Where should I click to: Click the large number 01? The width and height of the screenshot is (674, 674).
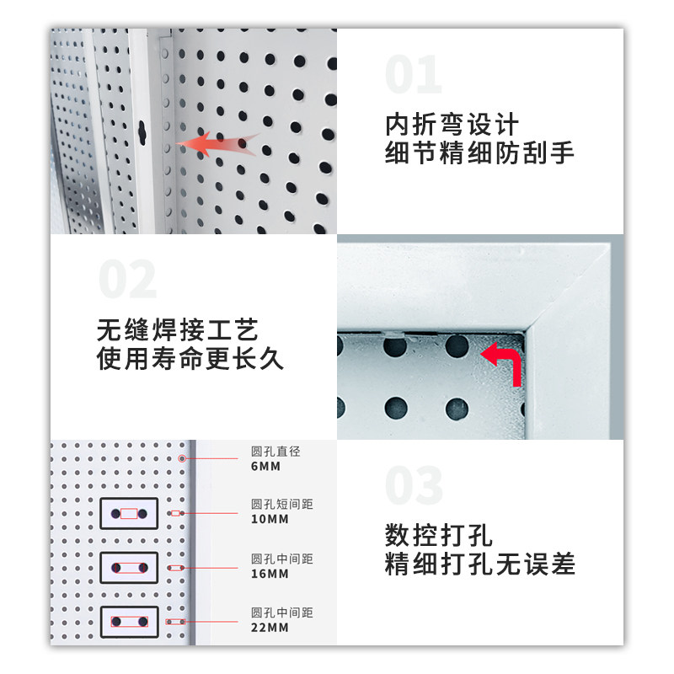coord(413,76)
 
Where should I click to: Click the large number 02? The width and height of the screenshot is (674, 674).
coord(127,280)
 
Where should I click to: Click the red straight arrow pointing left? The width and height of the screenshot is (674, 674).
coord(217,144)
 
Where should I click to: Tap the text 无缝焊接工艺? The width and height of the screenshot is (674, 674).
coord(177,329)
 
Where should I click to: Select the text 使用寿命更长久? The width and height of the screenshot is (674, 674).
coord(190,359)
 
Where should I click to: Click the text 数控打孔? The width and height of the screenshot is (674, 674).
coord(438,534)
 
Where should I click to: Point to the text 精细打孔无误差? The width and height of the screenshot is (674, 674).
coord(479,563)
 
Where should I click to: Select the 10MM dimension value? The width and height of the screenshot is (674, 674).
coord(270,519)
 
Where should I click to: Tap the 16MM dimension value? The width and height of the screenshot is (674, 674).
coord(270,574)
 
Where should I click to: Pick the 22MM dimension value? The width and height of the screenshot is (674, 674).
coord(270,628)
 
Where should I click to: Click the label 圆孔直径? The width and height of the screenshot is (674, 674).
coord(275,452)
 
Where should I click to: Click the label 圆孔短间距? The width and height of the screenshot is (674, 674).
coord(281,505)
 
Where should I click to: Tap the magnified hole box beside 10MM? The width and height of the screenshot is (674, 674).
coord(129,513)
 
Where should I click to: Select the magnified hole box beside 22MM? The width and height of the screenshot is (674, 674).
coord(129,622)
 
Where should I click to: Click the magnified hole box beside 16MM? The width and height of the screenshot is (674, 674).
coord(129,567)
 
